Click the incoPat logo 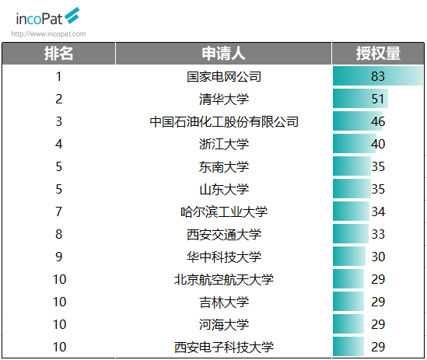[47, 17]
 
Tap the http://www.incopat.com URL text [48, 34]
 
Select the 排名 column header [59, 54]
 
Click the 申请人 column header [223, 54]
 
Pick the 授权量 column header [378, 54]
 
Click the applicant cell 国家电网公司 [224, 76]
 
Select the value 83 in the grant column [378, 76]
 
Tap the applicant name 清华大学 [224, 99]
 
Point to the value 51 [378, 99]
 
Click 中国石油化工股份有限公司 [224, 122]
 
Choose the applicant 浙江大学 [224, 145]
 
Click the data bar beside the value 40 [355, 144]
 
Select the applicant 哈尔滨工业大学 [224, 211]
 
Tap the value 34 [378, 211]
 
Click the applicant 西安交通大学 [224, 235]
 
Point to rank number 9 [59, 257]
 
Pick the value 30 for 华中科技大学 [378, 257]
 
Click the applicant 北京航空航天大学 [224, 280]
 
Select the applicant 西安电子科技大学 [224, 348]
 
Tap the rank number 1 [59, 76]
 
